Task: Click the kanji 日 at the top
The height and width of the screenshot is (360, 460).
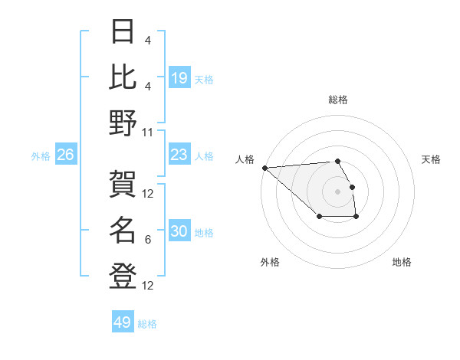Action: click(123, 33)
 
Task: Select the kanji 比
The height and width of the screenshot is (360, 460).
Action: click(123, 77)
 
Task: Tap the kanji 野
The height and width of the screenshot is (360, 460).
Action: click(123, 123)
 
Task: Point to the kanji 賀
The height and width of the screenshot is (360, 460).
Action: click(123, 185)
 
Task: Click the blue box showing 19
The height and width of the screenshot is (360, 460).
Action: click(179, 78)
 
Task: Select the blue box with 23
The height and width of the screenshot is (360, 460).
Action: click(179, 155)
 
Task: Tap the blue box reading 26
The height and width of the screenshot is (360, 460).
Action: click(65, 155)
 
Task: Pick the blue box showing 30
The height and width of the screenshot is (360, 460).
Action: click(179, 232)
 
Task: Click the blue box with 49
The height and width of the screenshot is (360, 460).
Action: click(123, 322)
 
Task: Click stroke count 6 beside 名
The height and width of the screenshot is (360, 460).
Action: click(148, 240)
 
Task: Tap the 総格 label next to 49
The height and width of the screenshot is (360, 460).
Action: click(147, 324)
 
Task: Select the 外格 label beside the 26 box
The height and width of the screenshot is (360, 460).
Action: click(41, 156)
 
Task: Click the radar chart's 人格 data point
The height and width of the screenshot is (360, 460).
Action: click(264, 167)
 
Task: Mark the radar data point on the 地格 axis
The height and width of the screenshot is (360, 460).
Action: click(356, 218)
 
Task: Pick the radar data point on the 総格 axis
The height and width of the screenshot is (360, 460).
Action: click(337, 161)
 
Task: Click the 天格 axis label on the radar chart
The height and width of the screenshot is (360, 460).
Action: click(431, 159)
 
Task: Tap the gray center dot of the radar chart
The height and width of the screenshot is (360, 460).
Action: click(337, 191)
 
